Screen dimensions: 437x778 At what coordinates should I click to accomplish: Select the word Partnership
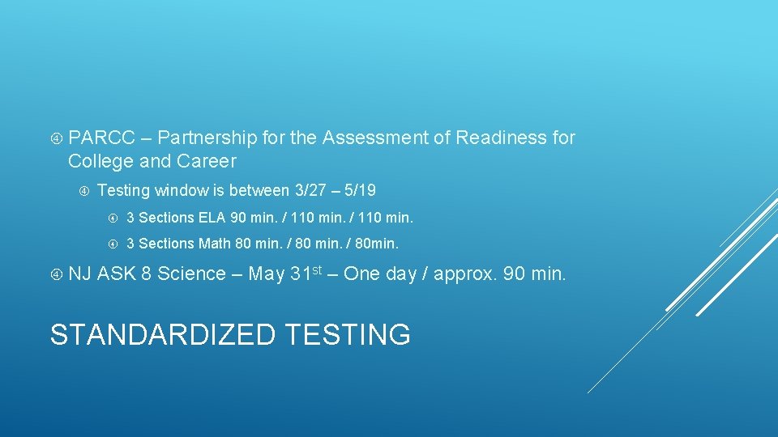[x=208, y=138]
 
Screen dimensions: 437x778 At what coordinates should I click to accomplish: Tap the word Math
[x=215, y=244]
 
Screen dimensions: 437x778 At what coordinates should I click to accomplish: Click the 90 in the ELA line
[x=238, y=218]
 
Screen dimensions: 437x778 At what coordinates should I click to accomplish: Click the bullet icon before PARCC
[x=56, y=138]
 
